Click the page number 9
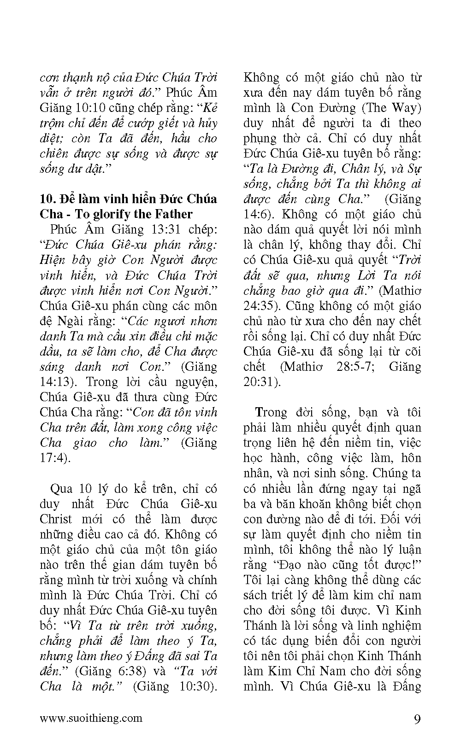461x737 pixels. [417, 719]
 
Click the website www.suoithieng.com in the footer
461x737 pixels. [91, 718]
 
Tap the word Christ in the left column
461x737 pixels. [56, 519]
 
